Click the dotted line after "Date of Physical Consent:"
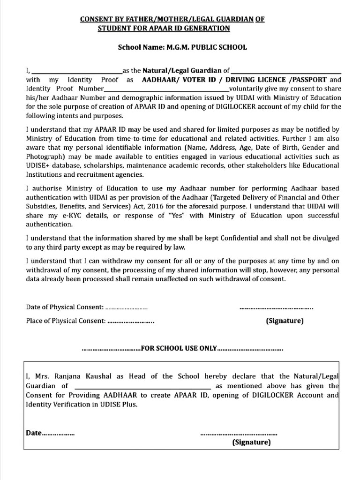tap(127, 307)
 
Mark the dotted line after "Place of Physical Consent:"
tap(131, 322)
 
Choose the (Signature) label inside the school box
tap(252, 442)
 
